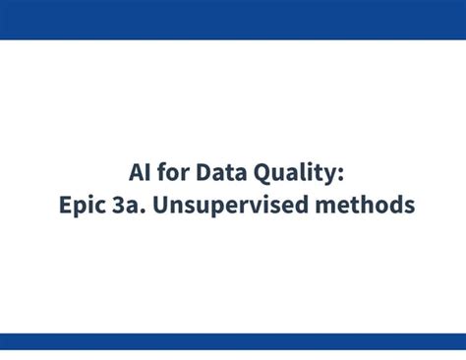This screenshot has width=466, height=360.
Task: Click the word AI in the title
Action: point(141,173)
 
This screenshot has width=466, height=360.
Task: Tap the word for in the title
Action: point(173,173)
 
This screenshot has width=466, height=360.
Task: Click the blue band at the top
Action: point(233,20)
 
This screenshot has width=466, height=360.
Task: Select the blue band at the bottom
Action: point(233,341)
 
